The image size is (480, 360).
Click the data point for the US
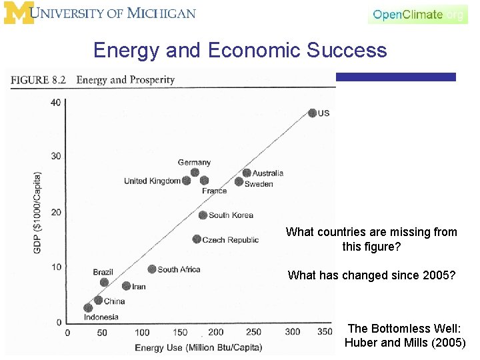(x=312, y=113)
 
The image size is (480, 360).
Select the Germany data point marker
(x=195, y=173)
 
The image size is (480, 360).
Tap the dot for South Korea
(x=203, y=215)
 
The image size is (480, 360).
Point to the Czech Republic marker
(x=197, y=239)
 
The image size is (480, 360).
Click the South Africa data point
(x=152, y=269)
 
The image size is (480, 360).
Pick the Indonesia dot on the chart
(x=88, y=308)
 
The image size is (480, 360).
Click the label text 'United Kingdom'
(x=152, y=181)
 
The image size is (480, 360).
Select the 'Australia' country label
(x=267, y=173)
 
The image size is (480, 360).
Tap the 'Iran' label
(x=139, y=287)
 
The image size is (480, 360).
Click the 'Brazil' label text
(x=103, y=273)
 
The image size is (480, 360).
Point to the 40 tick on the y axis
(x=56, y=102)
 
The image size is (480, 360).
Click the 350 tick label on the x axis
(x=325, y=332)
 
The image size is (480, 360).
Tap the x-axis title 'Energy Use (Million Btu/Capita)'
(x=199, y=348)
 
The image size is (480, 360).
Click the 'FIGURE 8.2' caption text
(x=39, y=80)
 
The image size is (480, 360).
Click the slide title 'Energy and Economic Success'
(x=240, y=50)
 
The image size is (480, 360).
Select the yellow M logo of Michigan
(x=18, y=13)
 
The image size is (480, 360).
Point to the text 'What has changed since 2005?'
(x=371, y=275)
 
